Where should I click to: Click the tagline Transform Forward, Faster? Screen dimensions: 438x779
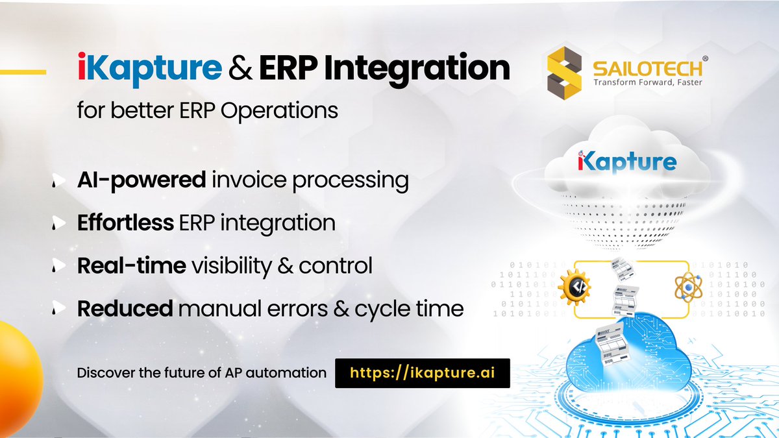(x=647, y=82)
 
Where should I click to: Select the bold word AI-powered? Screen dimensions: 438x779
(x=141, y=180)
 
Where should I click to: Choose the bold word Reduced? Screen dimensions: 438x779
(x=125, y=308)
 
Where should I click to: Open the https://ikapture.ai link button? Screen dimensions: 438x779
(x=422, y=373)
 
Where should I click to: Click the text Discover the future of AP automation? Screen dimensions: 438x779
(x=201, y=373)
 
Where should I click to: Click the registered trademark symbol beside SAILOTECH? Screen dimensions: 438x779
(x=705, y=58)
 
